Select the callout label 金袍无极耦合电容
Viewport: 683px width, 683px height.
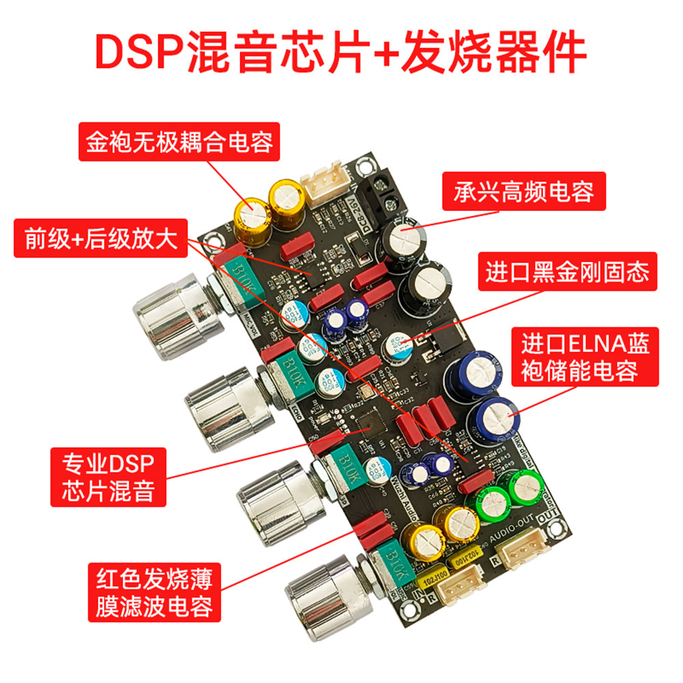pyautogui.click(x=179, y=142)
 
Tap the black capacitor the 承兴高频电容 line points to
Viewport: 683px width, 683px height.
pyautogui.click(x=406, y=239)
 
